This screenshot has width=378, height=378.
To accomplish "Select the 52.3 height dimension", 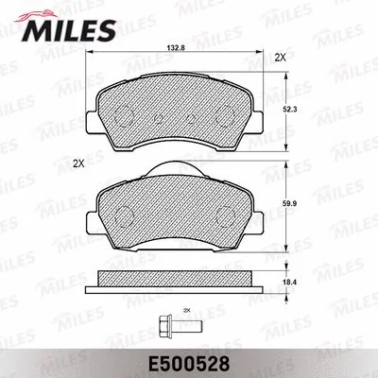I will pos(301,109).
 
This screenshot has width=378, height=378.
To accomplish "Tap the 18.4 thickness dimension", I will pos(301,280).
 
